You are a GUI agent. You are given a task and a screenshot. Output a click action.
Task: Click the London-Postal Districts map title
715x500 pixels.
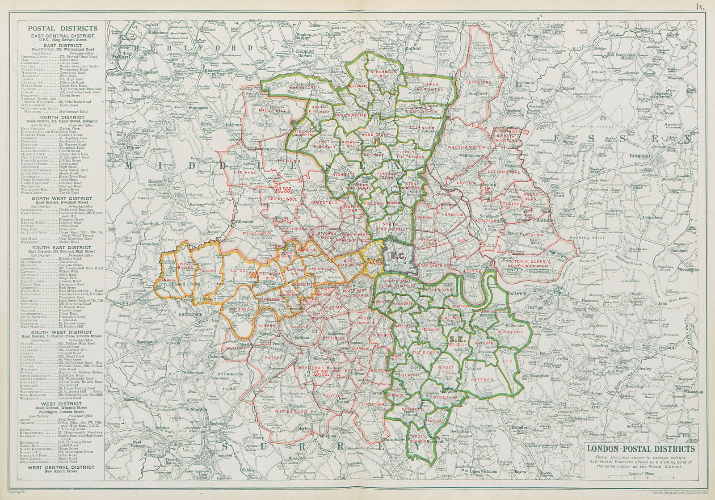[640, 449]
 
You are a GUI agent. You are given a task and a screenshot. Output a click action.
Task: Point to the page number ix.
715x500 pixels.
[699, 6]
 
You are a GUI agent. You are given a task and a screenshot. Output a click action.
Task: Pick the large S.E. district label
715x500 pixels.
[458, 340]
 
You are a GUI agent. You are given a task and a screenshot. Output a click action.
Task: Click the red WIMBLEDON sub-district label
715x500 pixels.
[290, 411]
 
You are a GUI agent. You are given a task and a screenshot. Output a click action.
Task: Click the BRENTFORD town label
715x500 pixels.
[193, 315]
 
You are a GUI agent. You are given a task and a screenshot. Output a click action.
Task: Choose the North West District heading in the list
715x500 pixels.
[62, 198]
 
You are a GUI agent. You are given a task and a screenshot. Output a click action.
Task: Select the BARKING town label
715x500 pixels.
[546, 220]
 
